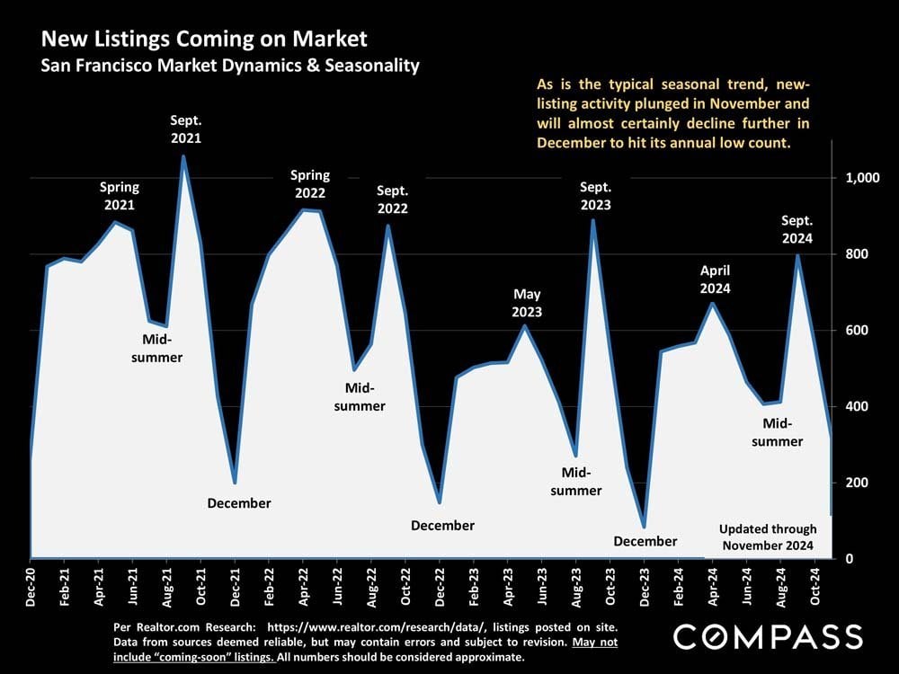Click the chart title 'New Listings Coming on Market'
click(x=204, y=39)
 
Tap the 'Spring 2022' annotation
click(x=310, y=184)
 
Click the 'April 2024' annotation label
click(x=716, y=279)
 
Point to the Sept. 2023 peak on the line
click(x=593, y=220)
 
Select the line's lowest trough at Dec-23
click(x=645, y=527)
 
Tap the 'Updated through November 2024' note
click(x=768, y=537)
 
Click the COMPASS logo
click(x=768, y=636)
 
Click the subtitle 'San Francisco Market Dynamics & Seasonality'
click(x=230, y=66)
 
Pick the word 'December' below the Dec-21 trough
click(x=239, y=503)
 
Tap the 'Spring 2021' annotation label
click(x=119, y=196)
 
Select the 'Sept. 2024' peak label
click(x=797, y=229)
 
